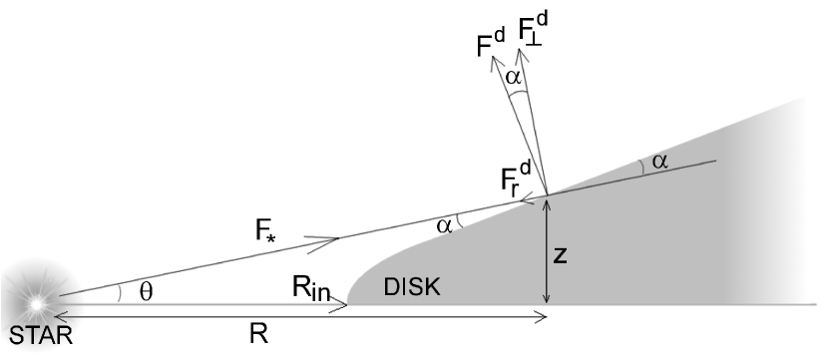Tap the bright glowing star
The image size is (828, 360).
(x=37, y=299)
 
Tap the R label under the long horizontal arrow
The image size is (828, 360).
(x=258, y=336)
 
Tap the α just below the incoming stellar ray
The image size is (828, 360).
(x=446, y=225)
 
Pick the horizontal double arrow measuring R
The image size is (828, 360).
(x=298, y=316)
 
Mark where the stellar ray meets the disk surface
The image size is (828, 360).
(x=547, y=193)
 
